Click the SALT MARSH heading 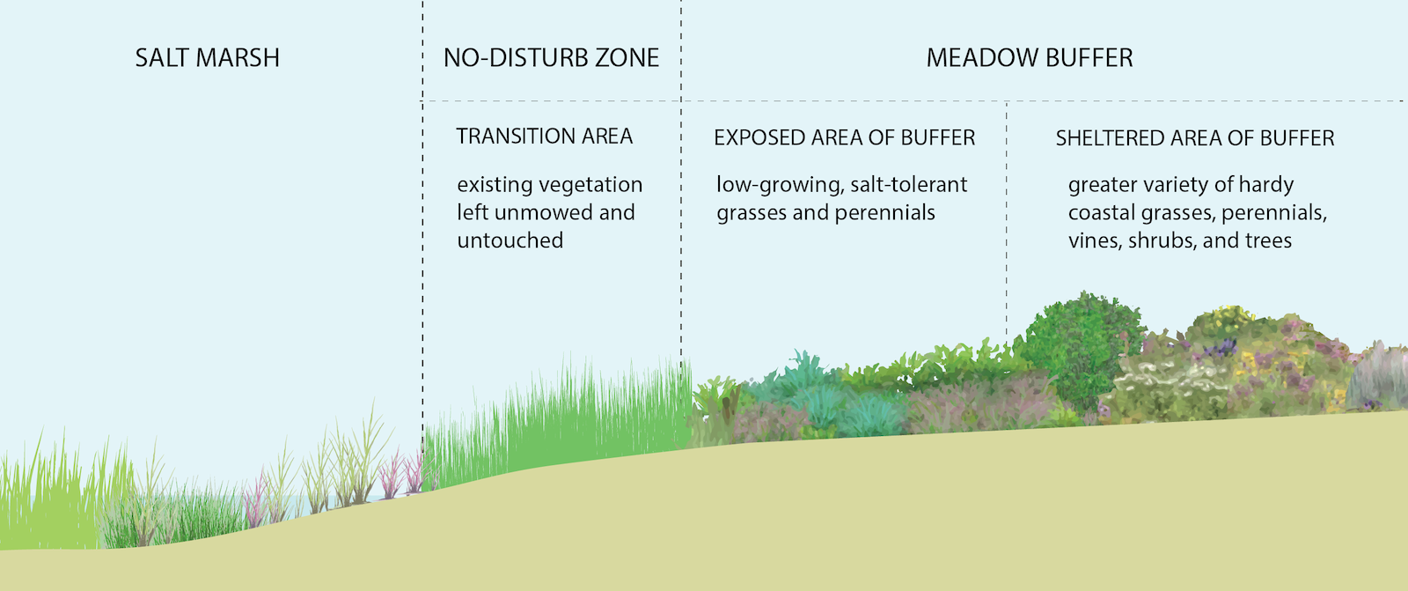click(x=207, y=58)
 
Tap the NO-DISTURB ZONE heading click(x=551, y=58)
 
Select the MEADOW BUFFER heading click(x=1030, y=58)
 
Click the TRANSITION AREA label click(x=544, y=137)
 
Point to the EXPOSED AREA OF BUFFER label click(x=844, y=138)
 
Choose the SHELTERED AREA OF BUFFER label click(x=1194, y=138)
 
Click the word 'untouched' click(x=510, y=240)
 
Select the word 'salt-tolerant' click(x=908, y=185)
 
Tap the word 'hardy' click(x=1265, y=185)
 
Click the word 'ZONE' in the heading click(x=627, y=58)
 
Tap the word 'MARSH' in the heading click(x=238, y=58)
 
